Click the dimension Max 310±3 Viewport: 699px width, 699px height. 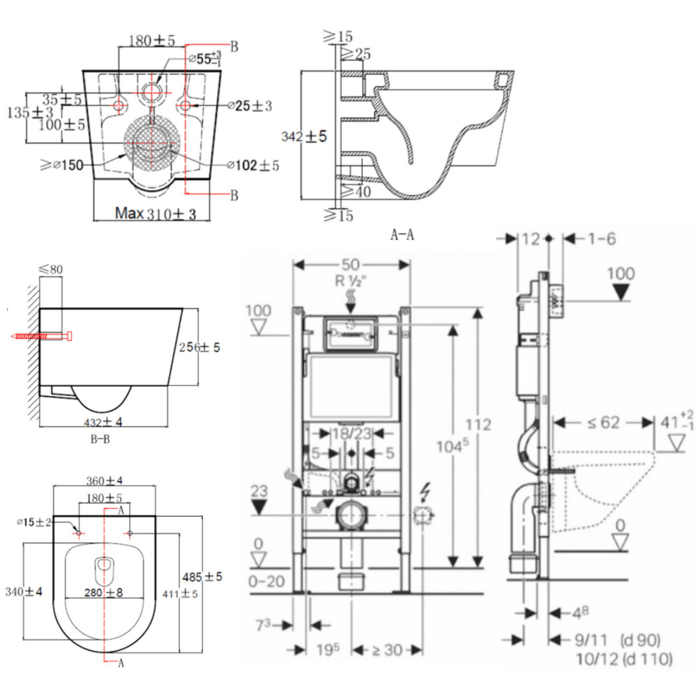pos(155,214)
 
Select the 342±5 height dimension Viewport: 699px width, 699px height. pos(304,137)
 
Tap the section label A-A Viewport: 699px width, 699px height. pos(402,234)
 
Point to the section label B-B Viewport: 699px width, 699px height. pos(100,440)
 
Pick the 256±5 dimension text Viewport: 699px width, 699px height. pos(199,347)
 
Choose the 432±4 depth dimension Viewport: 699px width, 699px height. pos(103,422)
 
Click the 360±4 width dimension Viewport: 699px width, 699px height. pos(105,481)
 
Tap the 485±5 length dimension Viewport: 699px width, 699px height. pos(202,577)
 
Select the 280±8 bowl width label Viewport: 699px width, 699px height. pos(104,593)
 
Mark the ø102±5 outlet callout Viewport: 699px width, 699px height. pos(253,165)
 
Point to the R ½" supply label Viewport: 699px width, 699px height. pos(352,281)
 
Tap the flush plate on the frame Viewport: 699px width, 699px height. pos(351,333)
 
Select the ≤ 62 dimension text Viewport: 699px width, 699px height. pos(603,423)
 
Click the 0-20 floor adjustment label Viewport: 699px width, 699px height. pos(267,581)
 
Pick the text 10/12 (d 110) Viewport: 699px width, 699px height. pos(624,659)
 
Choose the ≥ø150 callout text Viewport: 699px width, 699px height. pos(62,165)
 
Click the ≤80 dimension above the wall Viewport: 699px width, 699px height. pos(51,269)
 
